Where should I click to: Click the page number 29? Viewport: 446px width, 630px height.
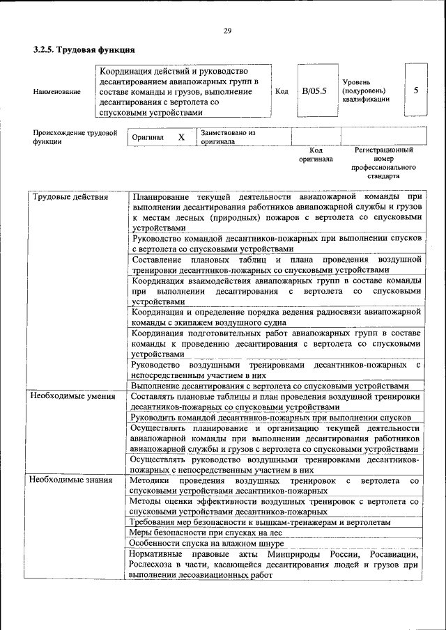(x=227, y=31)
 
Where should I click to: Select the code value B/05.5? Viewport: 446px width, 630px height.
(x=314, y=91)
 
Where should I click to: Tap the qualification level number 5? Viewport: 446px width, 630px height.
(x=416, y=90)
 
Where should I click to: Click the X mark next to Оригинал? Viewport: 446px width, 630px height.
(x=181, y=137)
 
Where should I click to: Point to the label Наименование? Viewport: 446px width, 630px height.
(x=56, y=92)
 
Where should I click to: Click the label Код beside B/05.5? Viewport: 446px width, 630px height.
(x=282, y=91)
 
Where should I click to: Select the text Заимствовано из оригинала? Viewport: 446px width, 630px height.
(x=229, y=136)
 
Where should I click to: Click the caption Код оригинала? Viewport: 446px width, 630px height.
(x=316, y=154)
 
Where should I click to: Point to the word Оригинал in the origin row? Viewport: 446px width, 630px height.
(x=148, y=137)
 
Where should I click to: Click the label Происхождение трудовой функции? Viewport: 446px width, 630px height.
(x=75, y=136)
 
